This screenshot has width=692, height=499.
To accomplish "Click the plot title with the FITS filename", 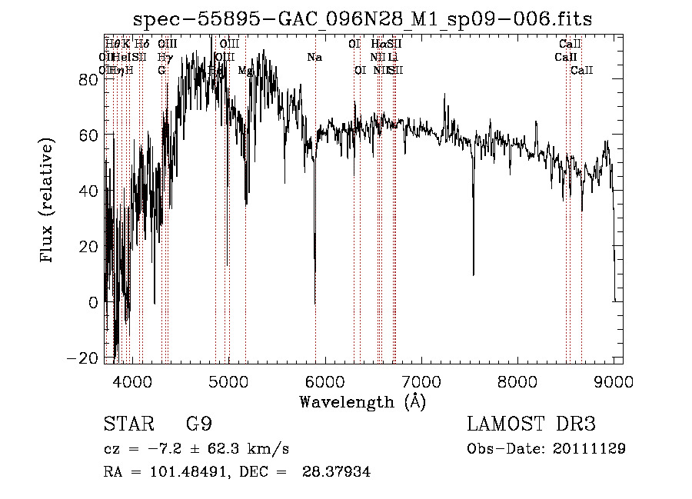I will (362, 18).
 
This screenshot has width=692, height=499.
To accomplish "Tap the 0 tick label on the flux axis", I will (93, 302).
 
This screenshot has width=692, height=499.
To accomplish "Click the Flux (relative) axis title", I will (48, 201).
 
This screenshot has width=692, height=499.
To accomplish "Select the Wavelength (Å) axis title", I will (362, 402).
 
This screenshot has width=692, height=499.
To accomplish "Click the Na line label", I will (314, 58).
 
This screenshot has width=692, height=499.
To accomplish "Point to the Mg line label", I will (245, 70).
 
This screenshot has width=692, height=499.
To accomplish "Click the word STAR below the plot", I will (126, 424).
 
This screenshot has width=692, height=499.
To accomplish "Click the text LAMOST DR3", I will (531, 424).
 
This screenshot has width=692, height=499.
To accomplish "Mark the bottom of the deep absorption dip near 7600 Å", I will (473, 274).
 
